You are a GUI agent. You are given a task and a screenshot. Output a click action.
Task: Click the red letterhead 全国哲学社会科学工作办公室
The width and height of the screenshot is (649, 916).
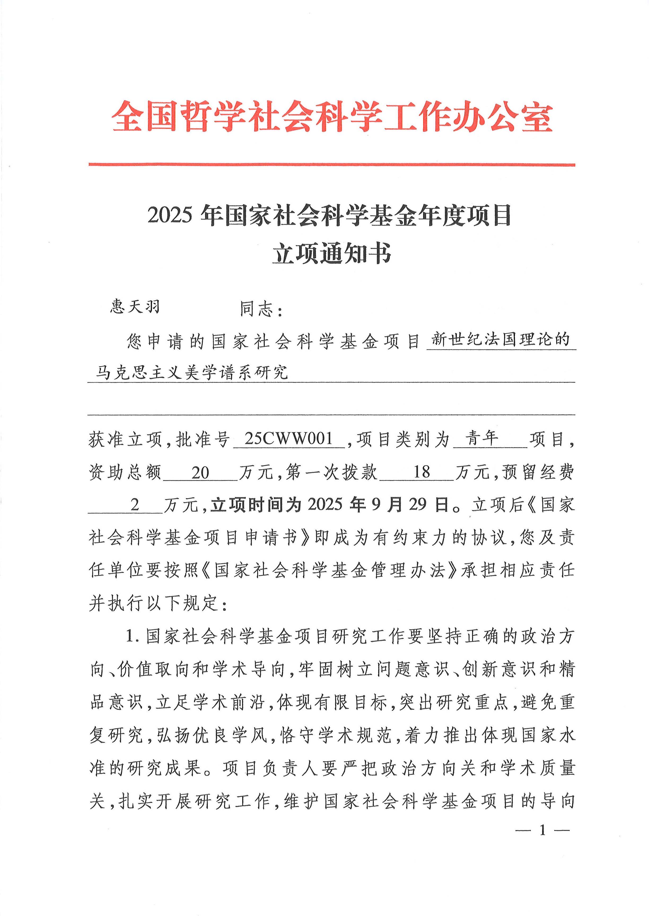332,117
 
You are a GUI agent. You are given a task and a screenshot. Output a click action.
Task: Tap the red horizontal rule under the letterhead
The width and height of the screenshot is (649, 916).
332,164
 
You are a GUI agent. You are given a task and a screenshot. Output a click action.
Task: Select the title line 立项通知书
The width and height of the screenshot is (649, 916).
332,253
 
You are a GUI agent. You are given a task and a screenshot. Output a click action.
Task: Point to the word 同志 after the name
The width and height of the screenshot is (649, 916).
257,309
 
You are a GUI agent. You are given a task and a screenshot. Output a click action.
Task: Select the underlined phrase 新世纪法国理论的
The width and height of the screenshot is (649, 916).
500,340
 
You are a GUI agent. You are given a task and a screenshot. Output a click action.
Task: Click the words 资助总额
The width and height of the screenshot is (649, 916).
125,473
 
